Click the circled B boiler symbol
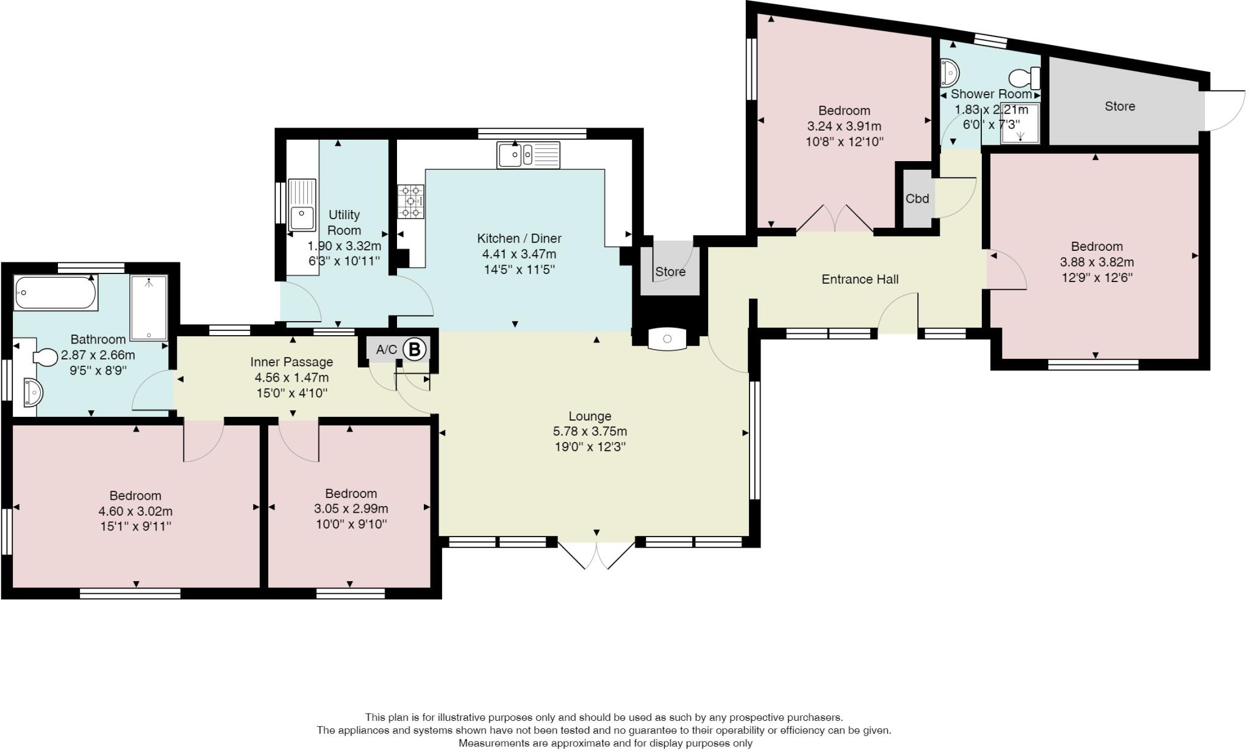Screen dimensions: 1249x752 415,350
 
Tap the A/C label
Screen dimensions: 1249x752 386,350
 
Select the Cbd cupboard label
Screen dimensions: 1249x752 917,198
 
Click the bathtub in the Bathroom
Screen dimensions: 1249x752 55,294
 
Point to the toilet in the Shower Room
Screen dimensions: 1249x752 1025,78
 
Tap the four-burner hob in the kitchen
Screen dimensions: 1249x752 411,201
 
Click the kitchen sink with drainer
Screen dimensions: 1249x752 528,154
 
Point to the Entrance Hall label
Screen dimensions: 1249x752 860,280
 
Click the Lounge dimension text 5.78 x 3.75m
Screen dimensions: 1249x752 590,432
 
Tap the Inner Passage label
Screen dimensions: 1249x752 292,362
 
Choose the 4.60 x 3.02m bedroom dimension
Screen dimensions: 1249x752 135,511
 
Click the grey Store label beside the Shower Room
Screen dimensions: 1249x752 1120,106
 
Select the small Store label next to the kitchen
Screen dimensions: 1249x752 670,272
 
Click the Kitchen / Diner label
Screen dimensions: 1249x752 519,239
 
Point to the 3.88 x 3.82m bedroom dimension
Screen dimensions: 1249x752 1097,262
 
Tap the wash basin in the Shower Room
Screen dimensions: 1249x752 950,73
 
